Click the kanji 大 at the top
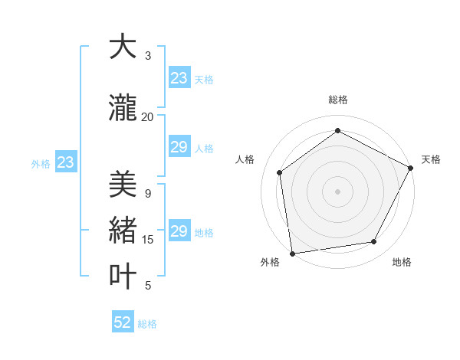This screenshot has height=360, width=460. [x=123, y=47]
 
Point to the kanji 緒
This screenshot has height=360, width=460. [x=123, y=230]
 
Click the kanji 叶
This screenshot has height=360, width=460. [x=123, y=276]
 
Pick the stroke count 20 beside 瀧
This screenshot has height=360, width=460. [x=148, y=117]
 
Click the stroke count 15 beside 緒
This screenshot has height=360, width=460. [x=148, y=240]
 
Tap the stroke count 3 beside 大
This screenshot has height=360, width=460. [x=148, y=56]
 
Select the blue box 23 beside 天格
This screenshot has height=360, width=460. [x=179, y=78]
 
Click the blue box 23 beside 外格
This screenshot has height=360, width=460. [x=66, y=162]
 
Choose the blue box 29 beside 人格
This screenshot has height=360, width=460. [x=179, y=147]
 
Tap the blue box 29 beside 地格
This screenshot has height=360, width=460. [x=179, y=231]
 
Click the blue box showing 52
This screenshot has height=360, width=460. [x=123, y=322]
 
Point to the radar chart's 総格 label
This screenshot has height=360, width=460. [x=338, y=100]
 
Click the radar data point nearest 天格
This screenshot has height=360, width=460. [x=411, y=168]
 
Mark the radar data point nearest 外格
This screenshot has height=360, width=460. [x=292, y=252]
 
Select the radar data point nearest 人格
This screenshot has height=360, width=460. [x=280, y=172]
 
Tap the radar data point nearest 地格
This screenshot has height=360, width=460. [x=374, y=241]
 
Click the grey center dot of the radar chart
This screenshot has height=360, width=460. [x=338, y=191]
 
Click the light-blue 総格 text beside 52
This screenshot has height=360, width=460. [x=147, y=324]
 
